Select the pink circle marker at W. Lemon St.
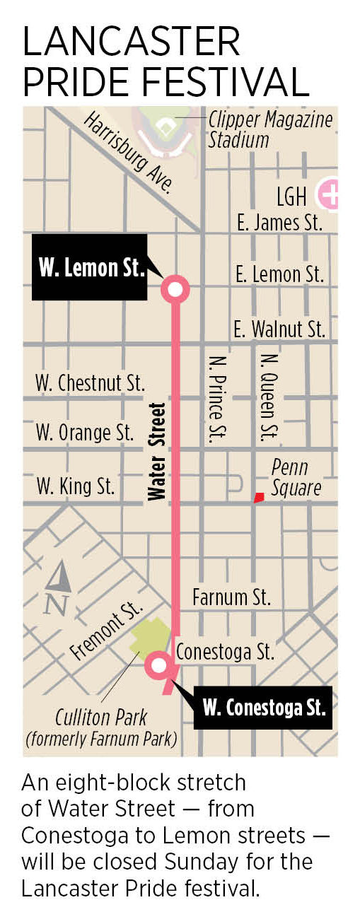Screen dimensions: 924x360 [175, 288]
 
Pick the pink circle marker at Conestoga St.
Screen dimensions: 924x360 [158, 665]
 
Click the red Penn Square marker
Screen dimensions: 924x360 [260, 498]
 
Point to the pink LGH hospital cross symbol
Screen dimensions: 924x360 [329, 193]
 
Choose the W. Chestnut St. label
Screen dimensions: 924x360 [90, 384]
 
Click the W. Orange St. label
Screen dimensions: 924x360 [85, 432]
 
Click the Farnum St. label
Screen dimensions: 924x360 [231, 597]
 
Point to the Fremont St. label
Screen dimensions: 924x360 [108, 631]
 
